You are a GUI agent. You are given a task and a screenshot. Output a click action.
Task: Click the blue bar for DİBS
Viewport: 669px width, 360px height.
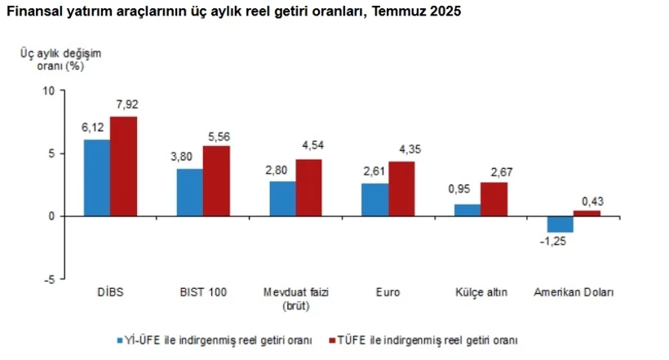coord(97,178)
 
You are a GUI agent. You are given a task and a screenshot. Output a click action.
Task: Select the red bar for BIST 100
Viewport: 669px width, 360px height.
coord(216,181)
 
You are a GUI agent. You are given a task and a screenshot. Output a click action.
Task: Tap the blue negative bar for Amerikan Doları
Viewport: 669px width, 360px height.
coord(560,224)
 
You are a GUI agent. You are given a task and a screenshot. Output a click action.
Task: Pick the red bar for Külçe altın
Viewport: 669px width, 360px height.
coord(494,199)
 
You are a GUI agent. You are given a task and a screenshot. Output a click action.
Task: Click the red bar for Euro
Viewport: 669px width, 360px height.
coord(401,189)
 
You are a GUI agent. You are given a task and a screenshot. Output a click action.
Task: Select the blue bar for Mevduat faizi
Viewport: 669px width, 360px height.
coord(282,198)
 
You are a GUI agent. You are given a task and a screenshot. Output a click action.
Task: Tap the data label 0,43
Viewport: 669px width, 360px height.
coord(588,199)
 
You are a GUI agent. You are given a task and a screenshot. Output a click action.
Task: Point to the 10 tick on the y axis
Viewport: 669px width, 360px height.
coord(48,91)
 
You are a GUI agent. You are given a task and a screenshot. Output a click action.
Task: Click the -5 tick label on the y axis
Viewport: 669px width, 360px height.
coord(48,279)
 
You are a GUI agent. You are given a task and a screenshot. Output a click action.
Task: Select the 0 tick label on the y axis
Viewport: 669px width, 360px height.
coord(51,216)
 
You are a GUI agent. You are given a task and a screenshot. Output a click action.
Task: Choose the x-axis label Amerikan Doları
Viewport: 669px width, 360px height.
coord(573,292)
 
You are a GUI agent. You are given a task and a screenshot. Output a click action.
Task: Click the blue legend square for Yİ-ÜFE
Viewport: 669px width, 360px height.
coord(118,340)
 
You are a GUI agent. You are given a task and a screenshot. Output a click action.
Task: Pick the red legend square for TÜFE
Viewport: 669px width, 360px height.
coord(330,340)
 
